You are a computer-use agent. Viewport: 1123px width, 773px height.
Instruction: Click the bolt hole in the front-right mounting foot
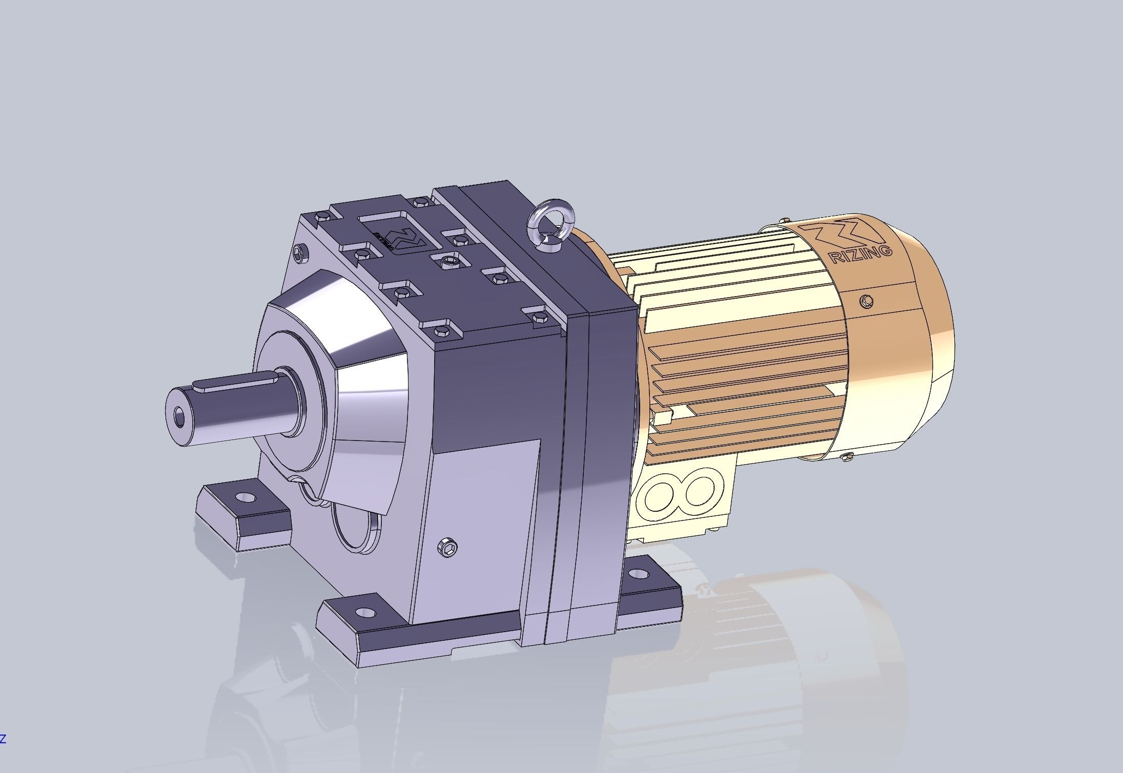[364, 612]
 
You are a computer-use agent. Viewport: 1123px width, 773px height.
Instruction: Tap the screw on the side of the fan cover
[867, 301]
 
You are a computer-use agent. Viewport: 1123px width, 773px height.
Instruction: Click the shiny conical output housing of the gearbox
[359, 369]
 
